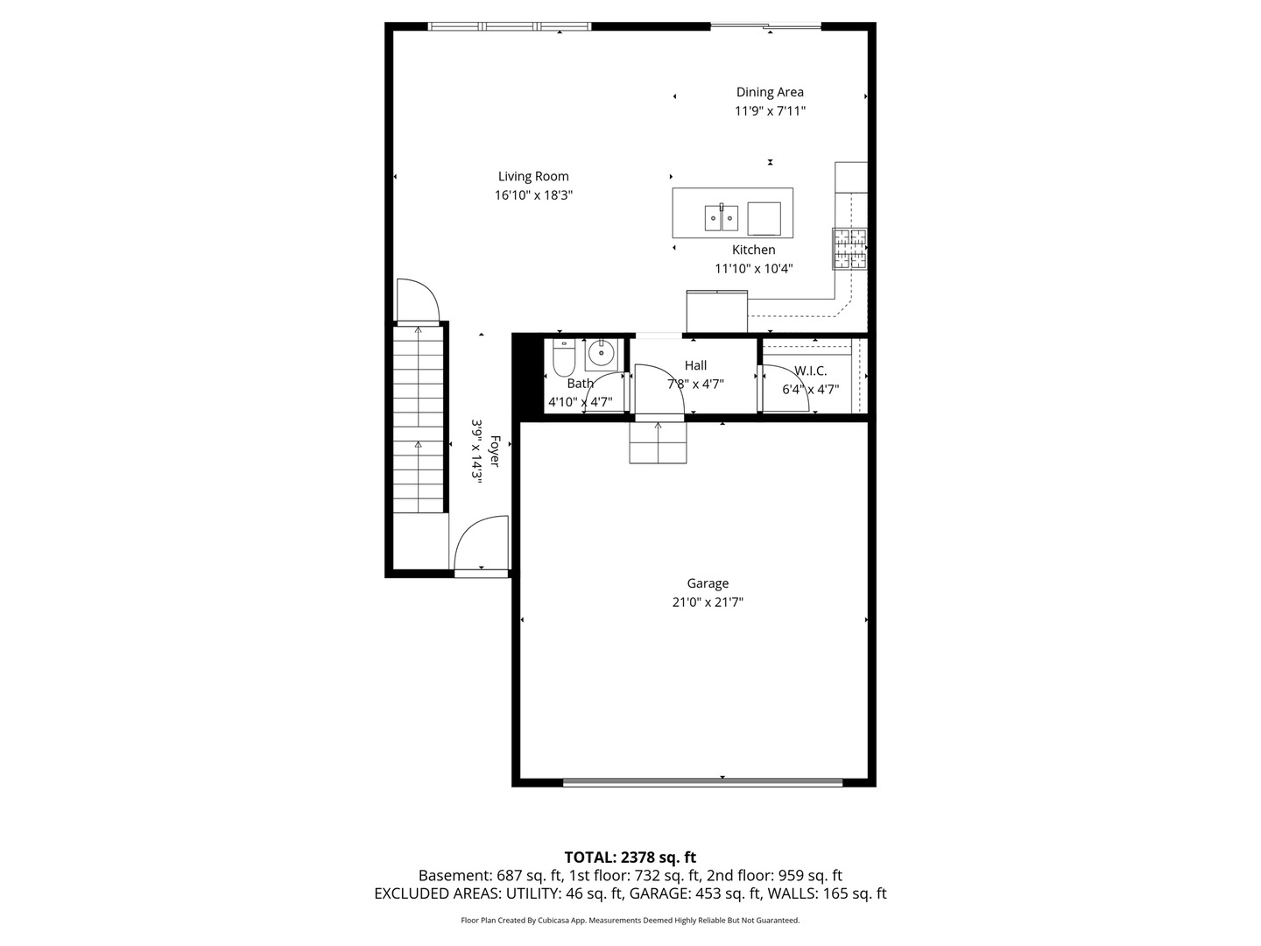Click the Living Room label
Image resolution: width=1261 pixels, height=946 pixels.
point(533,176)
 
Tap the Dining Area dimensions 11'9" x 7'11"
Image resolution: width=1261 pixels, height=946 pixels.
point(770,111)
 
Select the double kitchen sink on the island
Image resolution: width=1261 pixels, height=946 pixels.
point(721,218)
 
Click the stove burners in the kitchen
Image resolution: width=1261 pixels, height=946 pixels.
point(849,249)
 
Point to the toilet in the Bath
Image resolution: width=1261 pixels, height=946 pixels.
point(564,357)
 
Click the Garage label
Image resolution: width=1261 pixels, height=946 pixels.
point(708,583)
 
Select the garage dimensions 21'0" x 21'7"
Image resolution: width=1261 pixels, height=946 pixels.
point(708,603)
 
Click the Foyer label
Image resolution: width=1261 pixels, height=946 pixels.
point(495,451)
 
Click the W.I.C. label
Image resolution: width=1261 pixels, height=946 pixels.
point(810,371)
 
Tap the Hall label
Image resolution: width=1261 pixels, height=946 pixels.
point(695,365)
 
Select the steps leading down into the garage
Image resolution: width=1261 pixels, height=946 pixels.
point(658,442)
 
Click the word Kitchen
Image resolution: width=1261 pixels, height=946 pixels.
point(753,250)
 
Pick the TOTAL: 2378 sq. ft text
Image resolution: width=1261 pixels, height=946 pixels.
point(630,858)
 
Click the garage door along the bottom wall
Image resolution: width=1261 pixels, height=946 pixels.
point(702,781)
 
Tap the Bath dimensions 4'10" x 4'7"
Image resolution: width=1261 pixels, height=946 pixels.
point(581,402)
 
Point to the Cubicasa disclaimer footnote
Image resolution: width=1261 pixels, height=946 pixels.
point(630,921)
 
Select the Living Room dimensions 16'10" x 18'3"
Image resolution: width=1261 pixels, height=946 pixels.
point(533,195)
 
